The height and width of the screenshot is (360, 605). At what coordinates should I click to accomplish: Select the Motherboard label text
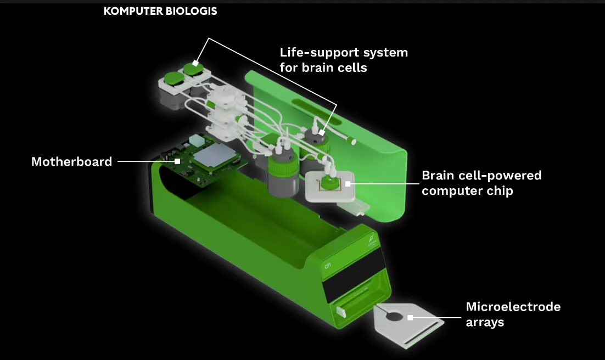[x=71, y=161]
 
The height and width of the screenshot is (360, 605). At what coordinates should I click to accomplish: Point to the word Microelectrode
[x=513, y=307]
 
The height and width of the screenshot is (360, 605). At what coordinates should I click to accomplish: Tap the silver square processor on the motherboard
[x=218, y=158]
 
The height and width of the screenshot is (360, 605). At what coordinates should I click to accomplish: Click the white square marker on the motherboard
[x=177, y=161]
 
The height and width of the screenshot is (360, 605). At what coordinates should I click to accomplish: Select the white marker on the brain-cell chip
[x=346, y=184]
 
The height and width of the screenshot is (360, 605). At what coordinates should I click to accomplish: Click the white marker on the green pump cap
[x=195, y=64]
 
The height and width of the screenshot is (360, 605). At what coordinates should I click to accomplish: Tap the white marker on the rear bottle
[x=322, y=132]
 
